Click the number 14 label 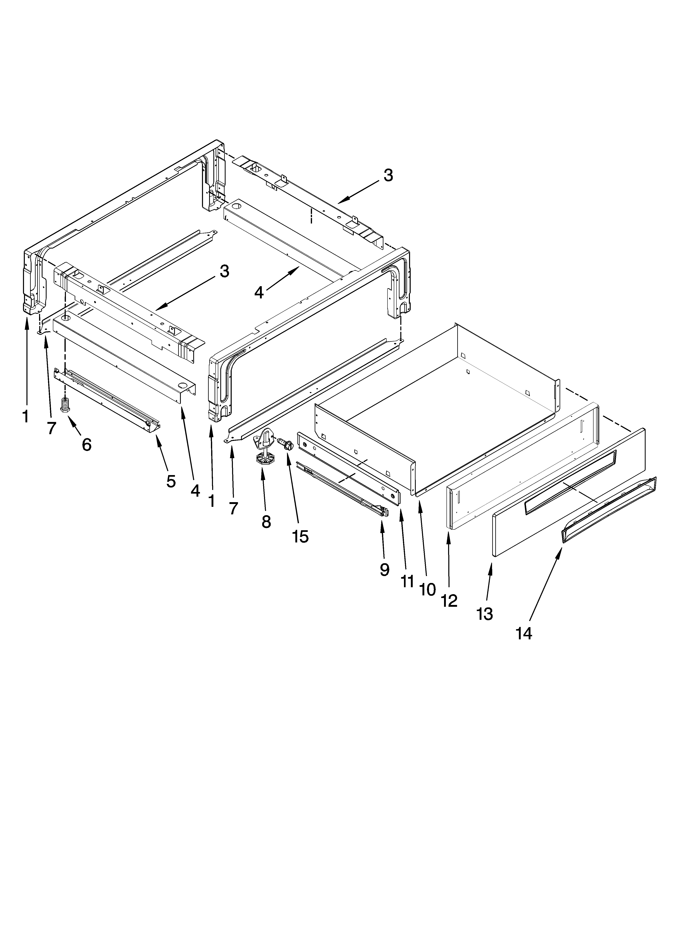(524, 634)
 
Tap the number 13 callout (485, 614)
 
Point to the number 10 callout (427, 589)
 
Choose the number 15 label (300, 537)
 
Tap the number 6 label (86, 445)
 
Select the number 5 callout (171, 481)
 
